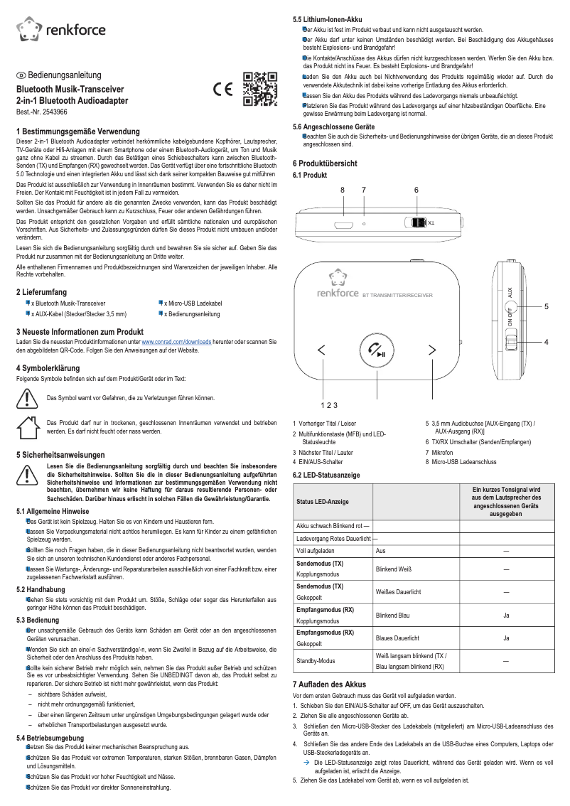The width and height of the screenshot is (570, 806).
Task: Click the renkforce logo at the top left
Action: click(x=60, y=28)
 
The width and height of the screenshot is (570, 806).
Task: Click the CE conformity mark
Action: click(x=223, y=90)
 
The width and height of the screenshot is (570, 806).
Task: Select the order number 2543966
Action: click(x=42, y=112)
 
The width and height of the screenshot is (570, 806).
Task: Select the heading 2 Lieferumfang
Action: click(x=41, y=292)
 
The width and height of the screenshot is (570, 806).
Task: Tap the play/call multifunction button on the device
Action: click(x=377, y=350)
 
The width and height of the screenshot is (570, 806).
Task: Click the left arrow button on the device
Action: click(x=322, y=350)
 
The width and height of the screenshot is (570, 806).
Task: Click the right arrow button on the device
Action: click(x=431, y=350)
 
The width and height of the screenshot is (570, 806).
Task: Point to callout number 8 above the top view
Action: click(x=342, y=190)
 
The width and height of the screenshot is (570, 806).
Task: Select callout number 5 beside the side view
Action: click(x=546, y=306)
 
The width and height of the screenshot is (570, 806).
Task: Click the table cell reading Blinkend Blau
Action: click(x=394, y=615)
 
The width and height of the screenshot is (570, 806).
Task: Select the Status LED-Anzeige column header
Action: click(x=323, y=502)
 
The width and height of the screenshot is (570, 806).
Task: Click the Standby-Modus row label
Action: click(x=315, y=661)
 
